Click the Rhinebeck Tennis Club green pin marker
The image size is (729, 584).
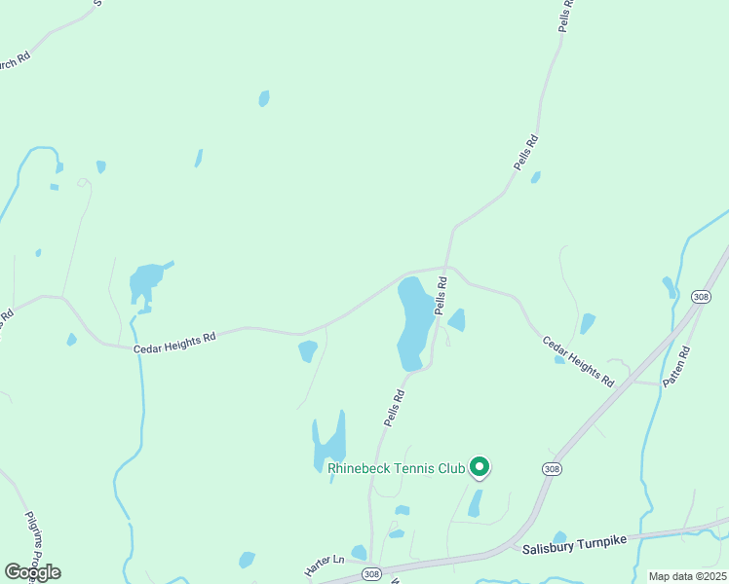click(480, 467)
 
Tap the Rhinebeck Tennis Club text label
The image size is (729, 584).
click(397, 469)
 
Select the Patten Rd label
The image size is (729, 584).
click(676, 369)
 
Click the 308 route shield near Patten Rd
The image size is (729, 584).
click(701, 296)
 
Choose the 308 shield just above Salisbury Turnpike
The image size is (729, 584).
click(553, 469)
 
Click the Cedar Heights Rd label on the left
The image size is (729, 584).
click(173, 341)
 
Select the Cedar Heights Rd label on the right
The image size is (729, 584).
click(578, 360)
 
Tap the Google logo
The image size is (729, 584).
click(32, 571)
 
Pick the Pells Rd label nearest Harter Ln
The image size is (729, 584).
click(394, 409)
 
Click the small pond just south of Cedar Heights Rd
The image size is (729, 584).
click(307, 350)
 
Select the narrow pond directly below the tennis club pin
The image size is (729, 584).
click(475, 503)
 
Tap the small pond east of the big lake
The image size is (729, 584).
click(456, 320)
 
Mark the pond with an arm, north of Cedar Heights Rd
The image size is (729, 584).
click(146, 283)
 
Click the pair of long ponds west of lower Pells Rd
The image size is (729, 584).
click(329, 444)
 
